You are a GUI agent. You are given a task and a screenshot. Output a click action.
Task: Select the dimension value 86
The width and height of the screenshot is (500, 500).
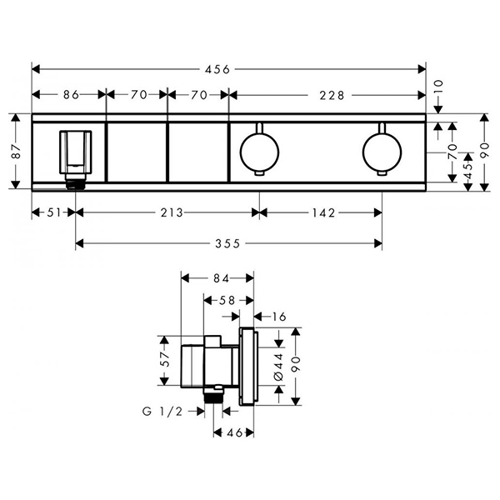pyautogui.click(x=70, y=95)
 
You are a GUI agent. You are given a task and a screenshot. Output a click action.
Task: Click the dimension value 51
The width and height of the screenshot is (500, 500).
pyautogui.click(x=53, y=212)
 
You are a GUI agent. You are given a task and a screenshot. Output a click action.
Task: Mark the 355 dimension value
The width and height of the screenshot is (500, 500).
pyautogui.click(x=227, y=243)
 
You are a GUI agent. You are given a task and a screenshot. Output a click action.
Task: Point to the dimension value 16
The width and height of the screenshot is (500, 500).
pyautogui.click(x=277, y=316)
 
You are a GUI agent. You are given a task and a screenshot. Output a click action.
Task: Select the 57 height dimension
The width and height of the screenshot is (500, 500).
pyautogui.click(x=164, y=360)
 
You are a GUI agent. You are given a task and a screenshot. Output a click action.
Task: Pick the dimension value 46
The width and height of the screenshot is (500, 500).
pyautogui.click(x=234, y=433)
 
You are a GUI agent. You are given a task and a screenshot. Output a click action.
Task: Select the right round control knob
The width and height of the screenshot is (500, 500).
pyautogui.click(x=382, y=151)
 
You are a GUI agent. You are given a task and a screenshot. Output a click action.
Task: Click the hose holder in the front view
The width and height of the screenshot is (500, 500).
pyautogui.click(x=74, y=156)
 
